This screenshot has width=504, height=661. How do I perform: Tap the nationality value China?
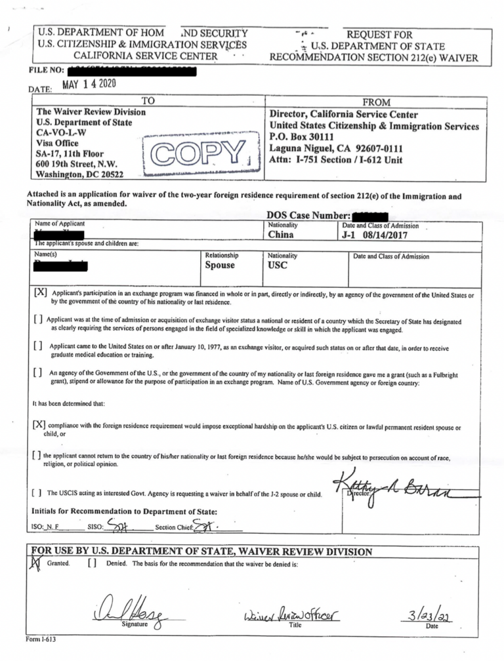(282, 235)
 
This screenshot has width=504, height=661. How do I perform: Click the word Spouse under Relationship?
(220, 266)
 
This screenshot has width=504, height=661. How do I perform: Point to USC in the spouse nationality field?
(278, 266)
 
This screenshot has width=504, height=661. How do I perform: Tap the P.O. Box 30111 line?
(303, 138)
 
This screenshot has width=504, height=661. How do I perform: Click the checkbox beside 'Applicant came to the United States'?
(39, 346)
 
